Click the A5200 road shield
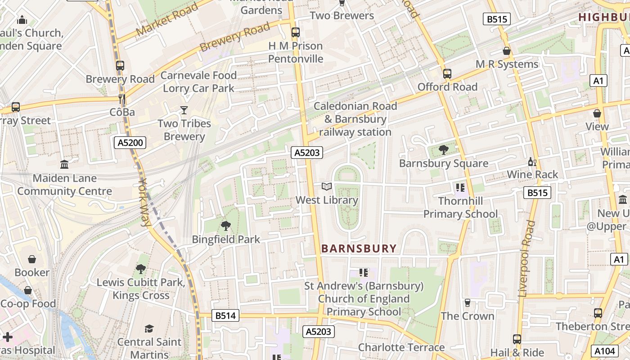point(130,143)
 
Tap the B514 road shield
point(225,315)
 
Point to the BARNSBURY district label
point(359,248)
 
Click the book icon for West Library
point(327,187)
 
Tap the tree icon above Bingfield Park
point(225,226)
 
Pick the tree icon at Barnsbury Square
point(443,149)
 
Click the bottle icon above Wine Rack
point(532,162)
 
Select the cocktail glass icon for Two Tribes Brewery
point(184,110)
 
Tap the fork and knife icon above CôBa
point(121,99)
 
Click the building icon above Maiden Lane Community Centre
point(64,165)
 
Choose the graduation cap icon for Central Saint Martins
point(149,329)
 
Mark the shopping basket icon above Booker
point(32,259)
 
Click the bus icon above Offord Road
point(447,74)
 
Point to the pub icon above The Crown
point(468,303)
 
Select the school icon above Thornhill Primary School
point(460,187)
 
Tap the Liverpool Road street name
point(527,258)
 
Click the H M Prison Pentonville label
point(296,52)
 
